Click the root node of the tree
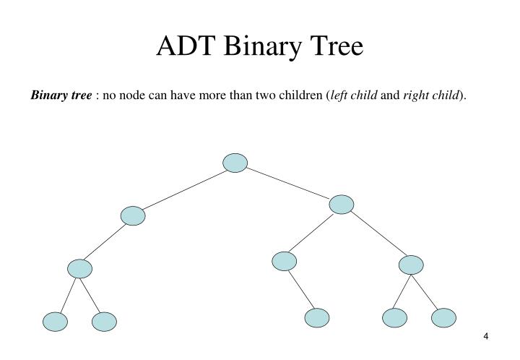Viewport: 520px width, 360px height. [235, 163]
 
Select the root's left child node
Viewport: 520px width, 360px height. [133, 215]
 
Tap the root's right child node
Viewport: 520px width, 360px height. [341, 205]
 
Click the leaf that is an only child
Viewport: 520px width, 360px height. [316, 317]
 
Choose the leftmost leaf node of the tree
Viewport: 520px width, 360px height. [55, 322]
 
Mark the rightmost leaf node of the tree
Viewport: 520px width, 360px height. [443, 317]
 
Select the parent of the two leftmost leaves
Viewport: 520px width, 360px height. [80, 269]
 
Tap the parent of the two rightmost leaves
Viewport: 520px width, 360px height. [410, 265]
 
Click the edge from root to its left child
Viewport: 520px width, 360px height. [184, 189]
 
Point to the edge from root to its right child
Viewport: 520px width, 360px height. [288, 184]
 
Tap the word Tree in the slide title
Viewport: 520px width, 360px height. [335, 46]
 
